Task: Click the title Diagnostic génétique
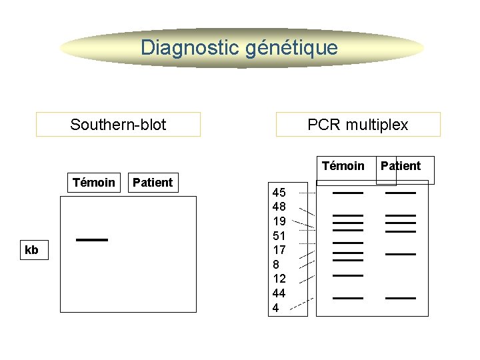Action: tap(239, 48)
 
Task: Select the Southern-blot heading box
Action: tap(118, 125)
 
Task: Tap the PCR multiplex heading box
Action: tap(358, 125)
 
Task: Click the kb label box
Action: tap(32, 251)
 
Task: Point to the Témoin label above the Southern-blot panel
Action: tap(94, 183)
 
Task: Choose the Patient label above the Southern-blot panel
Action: tap(153, 183)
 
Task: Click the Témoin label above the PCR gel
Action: tap(343, 166)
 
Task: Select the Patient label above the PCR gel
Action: tap(400, 166)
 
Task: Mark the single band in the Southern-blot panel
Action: tap(92, 239)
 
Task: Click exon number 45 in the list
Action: tap(279, 193)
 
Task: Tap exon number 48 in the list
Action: tap(279, 207)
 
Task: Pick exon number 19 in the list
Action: tap(279, 221)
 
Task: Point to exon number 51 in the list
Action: tap(279, 235)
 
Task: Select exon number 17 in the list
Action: tap(279, 250)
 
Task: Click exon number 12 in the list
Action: tap(279, 279)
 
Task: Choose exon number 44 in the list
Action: tap(279, 293)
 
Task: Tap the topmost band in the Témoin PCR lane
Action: tap(348, 193)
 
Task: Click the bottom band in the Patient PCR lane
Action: tap(401, 298)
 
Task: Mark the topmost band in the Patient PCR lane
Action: tap(401, 193)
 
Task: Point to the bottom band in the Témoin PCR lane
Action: tap(348, 298)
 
